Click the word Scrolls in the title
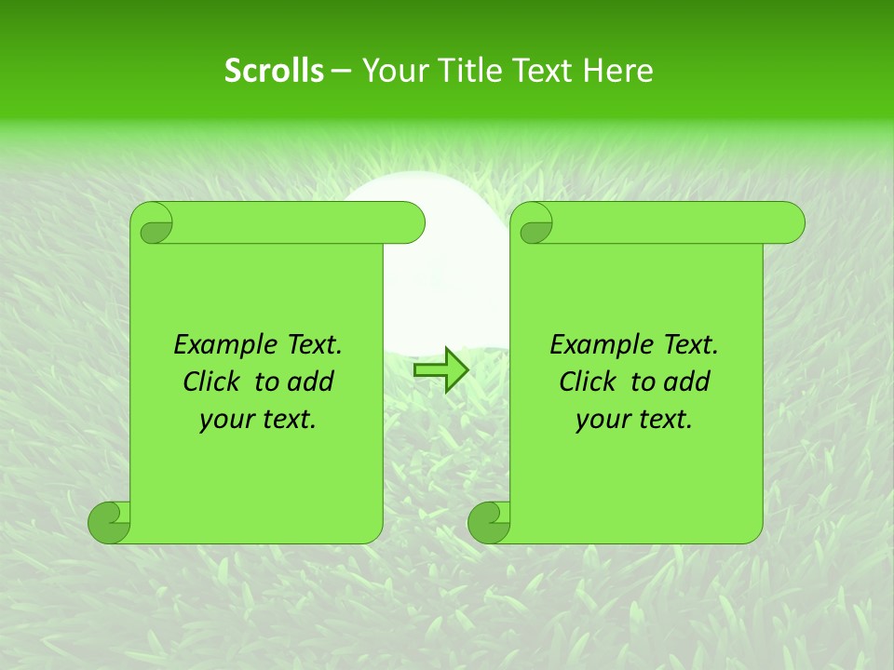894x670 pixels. (274, 71)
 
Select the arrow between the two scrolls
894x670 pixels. (440, 369)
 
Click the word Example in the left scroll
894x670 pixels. (215, 345)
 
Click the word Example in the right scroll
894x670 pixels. (591, 345)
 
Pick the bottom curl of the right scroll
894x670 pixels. (489, 522)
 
